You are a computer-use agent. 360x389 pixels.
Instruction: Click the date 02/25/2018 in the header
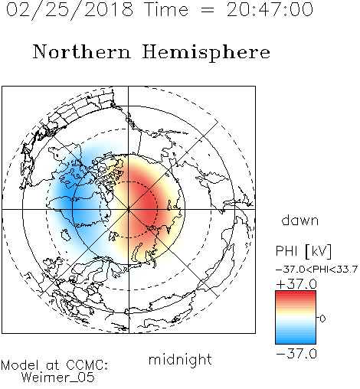69,10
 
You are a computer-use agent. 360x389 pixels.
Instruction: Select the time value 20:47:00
270,10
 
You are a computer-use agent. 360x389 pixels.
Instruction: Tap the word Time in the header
166,10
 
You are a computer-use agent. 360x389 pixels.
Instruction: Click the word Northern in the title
82,51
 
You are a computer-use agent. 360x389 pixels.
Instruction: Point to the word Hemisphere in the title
206,53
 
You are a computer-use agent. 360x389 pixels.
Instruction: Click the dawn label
300,220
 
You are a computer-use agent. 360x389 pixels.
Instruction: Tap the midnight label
180,360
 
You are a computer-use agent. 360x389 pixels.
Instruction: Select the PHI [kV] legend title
303,251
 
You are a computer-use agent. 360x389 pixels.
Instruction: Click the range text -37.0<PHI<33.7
316,270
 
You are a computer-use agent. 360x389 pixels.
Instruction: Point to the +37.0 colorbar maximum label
296,284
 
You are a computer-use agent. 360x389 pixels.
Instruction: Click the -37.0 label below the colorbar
296,354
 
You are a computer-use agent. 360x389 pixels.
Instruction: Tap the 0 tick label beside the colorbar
322,319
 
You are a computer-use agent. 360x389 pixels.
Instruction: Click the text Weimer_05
58,378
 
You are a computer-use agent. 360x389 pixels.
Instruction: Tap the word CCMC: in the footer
87,365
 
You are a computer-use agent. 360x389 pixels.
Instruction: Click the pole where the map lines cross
129,209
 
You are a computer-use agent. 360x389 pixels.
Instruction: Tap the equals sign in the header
208,10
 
